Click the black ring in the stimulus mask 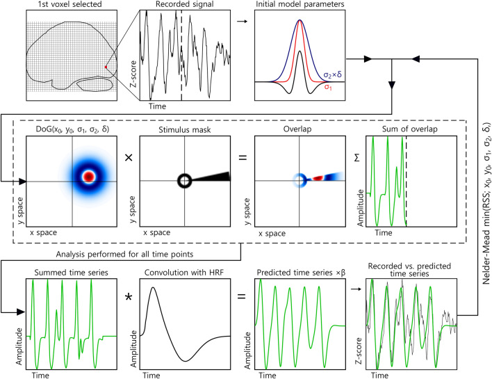(x=185, y=181)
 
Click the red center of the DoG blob (x=88, y=177)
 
